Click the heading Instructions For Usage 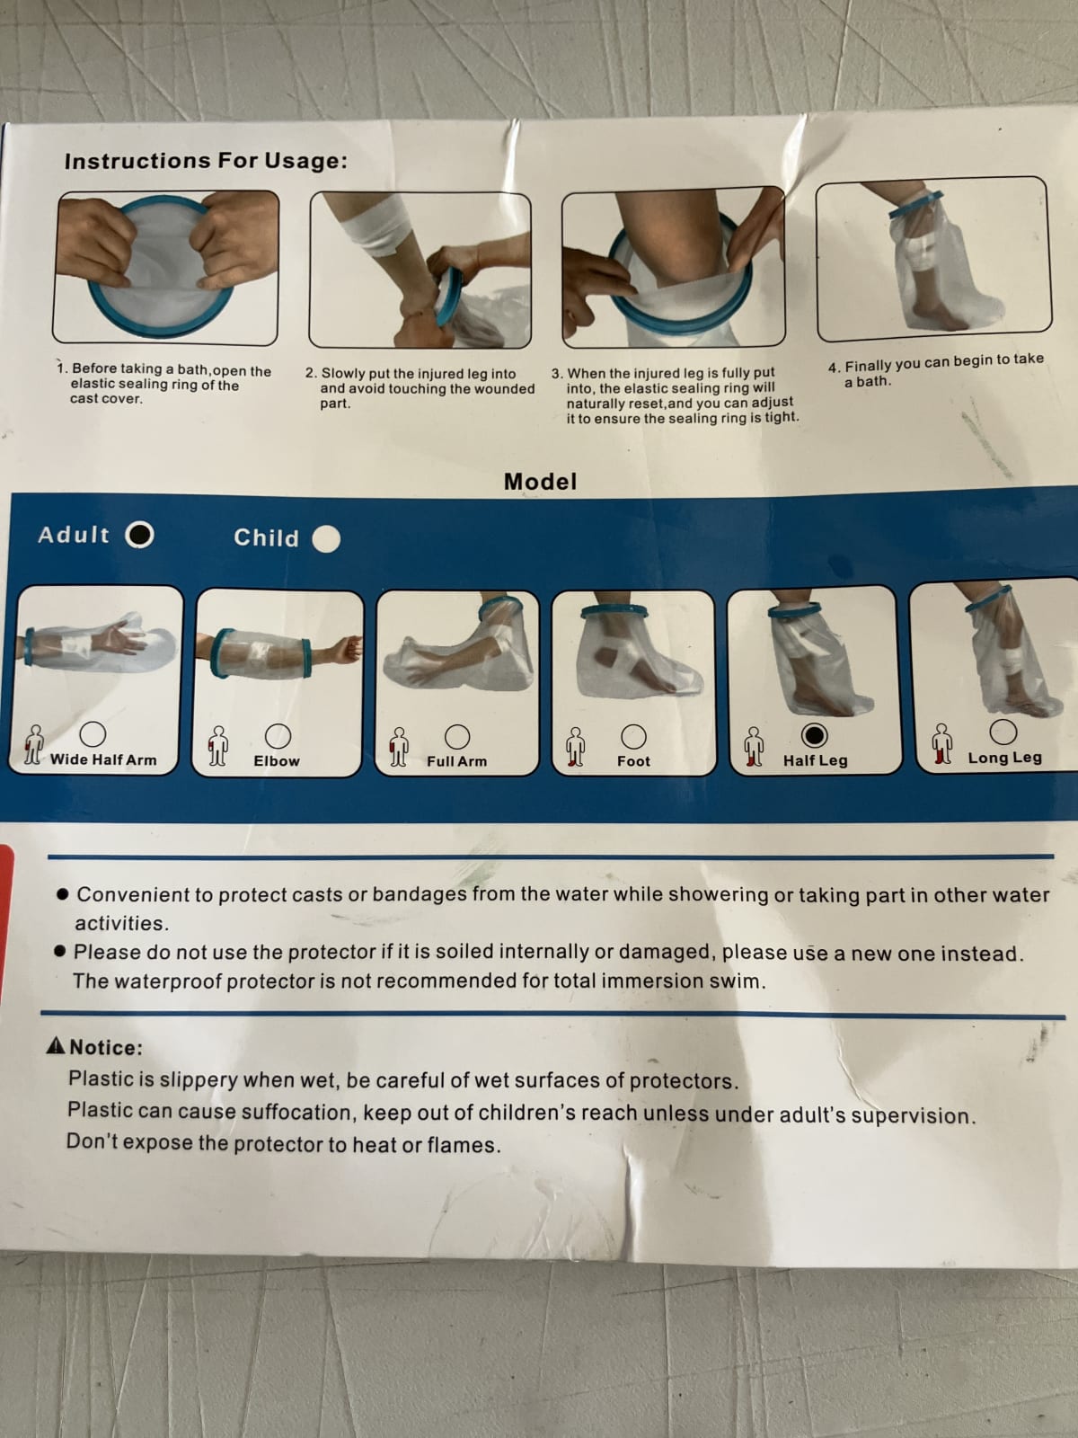pyautogui.click(x=206, y=161)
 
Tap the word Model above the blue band pyautogui.click(x=540, y=482)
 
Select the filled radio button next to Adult pyautogui.click(x=139, y=535)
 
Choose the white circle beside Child pyautogui.click(x=326, y=539)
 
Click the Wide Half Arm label pyautogui.click(x=103, y=760)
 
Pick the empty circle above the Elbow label pyautogui.click(x=278, y=736)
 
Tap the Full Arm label pyautogui.click(x=457, y=761)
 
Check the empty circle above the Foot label pyautogui.click(x=633, y=737)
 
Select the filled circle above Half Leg pyautogui.click(x=814, y=736)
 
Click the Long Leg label pyautogui.click(x=1004, y=758)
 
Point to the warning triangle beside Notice pyautogui.click(x=57, y=1045)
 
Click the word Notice pyautogui.click(x=105, y=1047)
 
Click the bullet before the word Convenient pyautogui.click(x=63, y=894)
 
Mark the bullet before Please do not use pyautogui.click(x=60, y=951)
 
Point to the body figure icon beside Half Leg pyautogui.click(x=755, y=747)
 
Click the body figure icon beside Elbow pyautogui.click(x=218, y=746)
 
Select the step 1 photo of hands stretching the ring pyautogui.click(x=165, y=267)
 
